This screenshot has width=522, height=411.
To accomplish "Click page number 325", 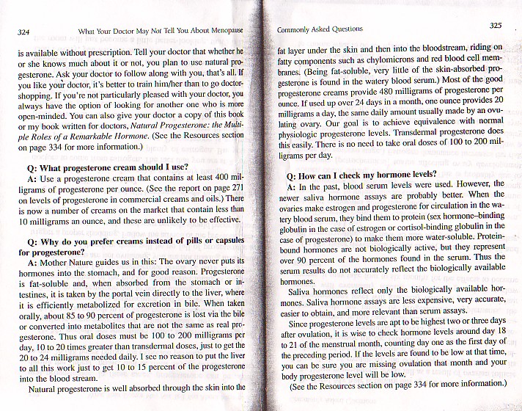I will click(x=496, y=26).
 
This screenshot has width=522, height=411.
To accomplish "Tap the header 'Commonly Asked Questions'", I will click(x=320, y=29).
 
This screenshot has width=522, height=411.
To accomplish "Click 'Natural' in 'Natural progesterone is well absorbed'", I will click(x=45, y=390).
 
